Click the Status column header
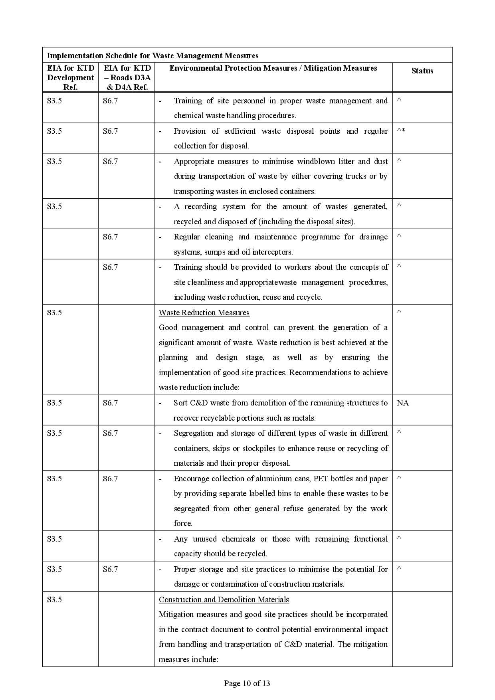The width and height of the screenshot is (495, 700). (422, 71)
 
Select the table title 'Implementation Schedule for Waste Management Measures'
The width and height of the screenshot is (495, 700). (152, 55)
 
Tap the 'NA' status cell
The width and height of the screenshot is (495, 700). (402, 403)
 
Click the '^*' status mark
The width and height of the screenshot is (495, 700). (401, 131)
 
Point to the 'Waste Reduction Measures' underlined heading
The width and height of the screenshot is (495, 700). (204, 312)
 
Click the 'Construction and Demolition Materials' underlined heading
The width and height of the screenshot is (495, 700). (224, 599)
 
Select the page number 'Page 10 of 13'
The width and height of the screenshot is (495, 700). (247, 683)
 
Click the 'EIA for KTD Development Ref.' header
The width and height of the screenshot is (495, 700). (70, 77)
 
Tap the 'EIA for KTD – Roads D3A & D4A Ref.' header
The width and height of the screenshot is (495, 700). (127, 77)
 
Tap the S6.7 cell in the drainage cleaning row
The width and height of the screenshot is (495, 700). (110, 237)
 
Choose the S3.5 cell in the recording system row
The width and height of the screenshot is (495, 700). (54, 206)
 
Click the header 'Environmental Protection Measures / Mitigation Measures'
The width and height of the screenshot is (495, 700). (273, 68)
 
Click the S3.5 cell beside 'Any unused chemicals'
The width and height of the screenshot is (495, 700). (54, 539)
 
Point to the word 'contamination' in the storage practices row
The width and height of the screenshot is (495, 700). (234, 584)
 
